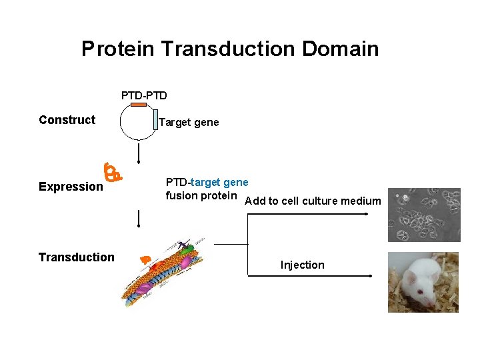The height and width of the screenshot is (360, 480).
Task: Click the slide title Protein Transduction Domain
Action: [x=230, y=49]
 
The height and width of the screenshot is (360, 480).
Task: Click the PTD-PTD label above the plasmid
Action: [x=144, y=95]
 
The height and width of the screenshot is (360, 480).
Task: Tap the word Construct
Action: [x=67, y=120]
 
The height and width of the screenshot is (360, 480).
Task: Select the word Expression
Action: [x=71, y=187]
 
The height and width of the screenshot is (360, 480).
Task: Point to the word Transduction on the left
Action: [x=76, y=257]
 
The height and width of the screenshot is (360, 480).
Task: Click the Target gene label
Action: [x=189, y=123]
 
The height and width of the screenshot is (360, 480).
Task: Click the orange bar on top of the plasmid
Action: [x=138, y=105]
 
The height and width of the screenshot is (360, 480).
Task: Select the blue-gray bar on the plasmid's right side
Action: [x=155, y=119]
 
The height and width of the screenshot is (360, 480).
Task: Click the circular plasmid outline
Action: [x=121, y=123]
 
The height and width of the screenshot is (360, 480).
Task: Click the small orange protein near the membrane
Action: [x=145, y=258]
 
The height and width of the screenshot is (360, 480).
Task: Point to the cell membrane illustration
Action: [x=167, y=270]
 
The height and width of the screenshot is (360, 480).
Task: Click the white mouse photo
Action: [x=423, y=282]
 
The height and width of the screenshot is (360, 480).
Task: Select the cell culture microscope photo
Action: [x=424, y=215]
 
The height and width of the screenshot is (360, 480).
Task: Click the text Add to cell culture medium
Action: [x=313, y=201]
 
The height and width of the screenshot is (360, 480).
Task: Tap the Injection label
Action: [x=302, y=265]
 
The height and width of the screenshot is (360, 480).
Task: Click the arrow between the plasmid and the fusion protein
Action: [x=139, y=153]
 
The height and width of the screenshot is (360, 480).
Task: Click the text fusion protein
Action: [x=201, y=195]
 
